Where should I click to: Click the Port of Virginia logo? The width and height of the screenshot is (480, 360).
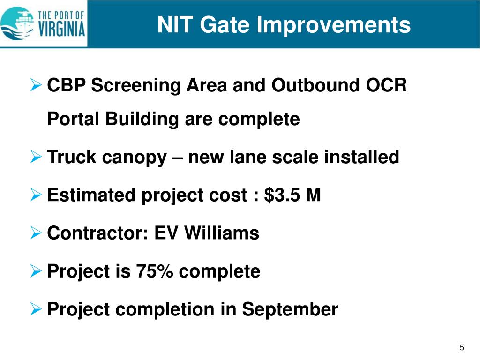click(x=43, y=23)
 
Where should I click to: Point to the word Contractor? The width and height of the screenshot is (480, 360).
click(x=98, y=233)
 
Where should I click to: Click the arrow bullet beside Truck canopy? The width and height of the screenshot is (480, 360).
click(x=37, y=157)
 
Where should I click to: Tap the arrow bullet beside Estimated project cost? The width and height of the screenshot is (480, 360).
click(x=37, y=195)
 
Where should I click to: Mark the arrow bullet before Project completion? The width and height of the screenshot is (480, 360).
click(x=37, y=309)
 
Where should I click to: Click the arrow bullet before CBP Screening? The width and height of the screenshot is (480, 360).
click(x=37, y=86)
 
